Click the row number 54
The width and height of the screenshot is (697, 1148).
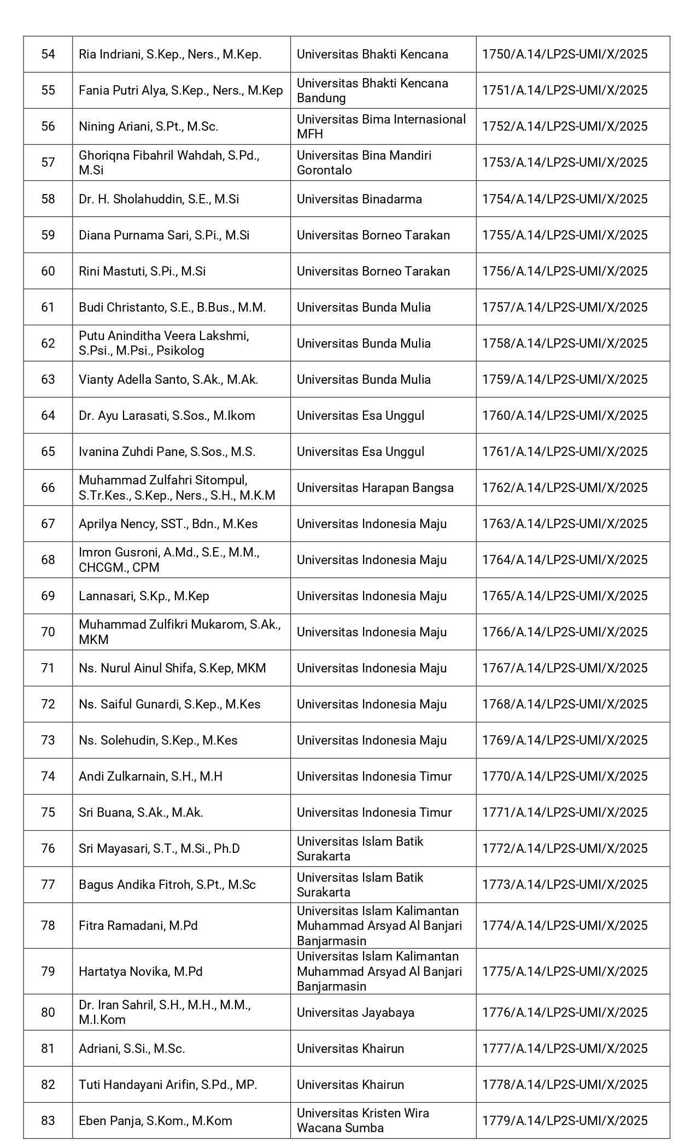click(x=48, y=54)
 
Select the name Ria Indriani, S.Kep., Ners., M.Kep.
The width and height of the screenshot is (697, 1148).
click(x=170, y=54)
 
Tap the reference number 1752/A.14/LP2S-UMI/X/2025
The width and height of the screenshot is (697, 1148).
click(x=565, y=126)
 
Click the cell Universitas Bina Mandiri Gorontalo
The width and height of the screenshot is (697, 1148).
click(x=364, y=162)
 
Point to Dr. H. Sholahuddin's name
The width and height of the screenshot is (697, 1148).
click(x=159, y=199)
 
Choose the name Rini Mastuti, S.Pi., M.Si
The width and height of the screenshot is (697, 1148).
click(x=142, y=271)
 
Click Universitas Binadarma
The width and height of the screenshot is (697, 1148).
click(x=359, y=199)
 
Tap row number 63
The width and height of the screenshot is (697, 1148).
click(x=48, y=379)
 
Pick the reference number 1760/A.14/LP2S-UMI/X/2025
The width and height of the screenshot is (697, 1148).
click(x=565, y=415)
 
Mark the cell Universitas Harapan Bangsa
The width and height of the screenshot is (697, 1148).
click(x=375, y=488)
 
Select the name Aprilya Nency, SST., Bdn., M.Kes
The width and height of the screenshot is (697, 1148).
click(x=168, y=524)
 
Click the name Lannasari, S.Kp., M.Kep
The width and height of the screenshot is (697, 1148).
click(x=144, y=596)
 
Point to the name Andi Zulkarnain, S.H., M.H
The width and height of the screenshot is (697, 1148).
click(x=150, y=776)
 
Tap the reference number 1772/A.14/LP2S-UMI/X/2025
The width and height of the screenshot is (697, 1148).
click(x=565, y=848)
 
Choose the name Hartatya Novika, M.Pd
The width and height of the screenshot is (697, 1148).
click(x=140, y=971)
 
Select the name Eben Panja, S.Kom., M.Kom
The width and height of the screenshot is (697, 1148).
click(x=155, y=1121)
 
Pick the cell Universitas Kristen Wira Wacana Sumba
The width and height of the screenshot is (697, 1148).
click(x=363, y=1121)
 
